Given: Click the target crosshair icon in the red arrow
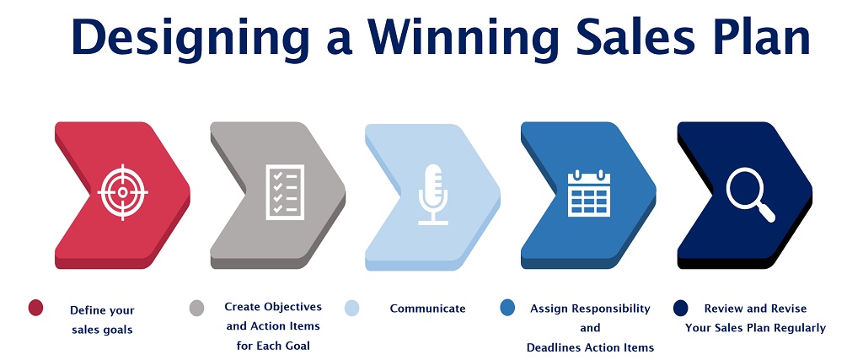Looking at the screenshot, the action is tap(123, 192).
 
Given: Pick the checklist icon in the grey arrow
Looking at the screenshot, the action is tap(285, 192).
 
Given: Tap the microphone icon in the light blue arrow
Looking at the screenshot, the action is tap(433, 194).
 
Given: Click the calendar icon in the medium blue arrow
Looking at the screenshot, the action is tap(589, 193).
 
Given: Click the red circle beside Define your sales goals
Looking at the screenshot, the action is tap(35, 308).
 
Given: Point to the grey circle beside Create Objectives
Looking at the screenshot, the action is tap(196, 308).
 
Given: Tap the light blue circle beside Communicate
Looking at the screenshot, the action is tap(352, 308).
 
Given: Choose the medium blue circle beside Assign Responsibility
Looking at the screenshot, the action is tap(507, 308).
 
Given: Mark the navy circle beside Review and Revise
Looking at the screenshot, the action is tap(681, 308).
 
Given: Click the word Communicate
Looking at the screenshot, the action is tap(427, 309).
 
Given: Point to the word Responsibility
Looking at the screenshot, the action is tap(613, 309).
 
